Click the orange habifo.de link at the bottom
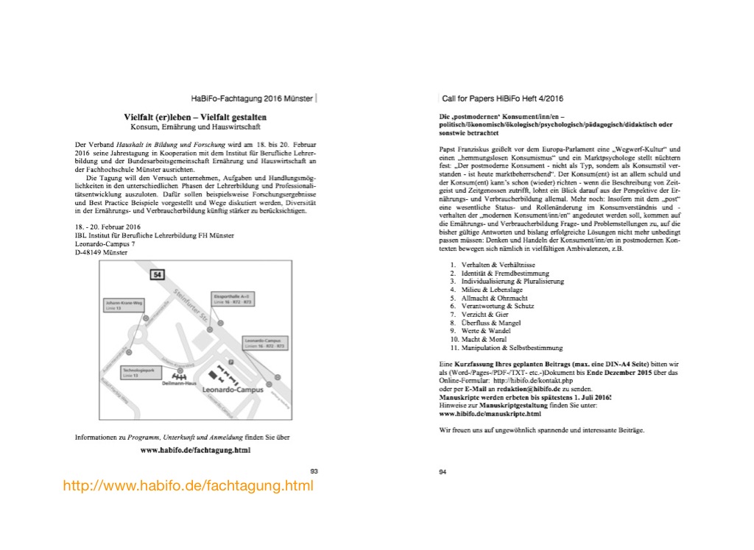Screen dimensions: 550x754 coord(188,486)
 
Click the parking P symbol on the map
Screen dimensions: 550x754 coord(231,362)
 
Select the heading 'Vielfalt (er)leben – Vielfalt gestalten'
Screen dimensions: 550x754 coord(195,117)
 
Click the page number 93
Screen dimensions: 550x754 coord(314,470)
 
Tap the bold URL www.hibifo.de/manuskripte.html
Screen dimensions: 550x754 coord(490,413)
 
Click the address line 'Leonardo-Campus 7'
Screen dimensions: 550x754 coord(105,243)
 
